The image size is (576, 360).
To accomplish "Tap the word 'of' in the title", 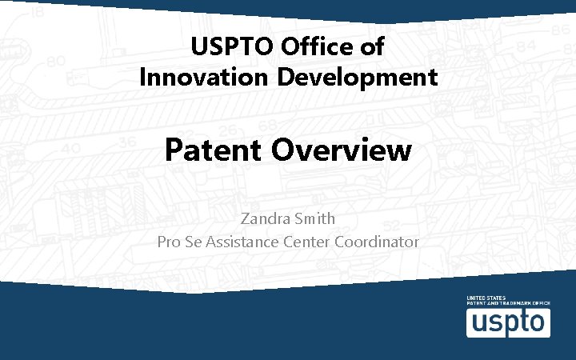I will pos(372,47).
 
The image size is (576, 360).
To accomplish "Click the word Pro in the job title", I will pos(170,241).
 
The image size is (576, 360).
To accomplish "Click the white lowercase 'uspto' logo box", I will pos(508,322).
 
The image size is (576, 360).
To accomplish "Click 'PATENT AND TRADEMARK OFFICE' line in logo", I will pos(508,304).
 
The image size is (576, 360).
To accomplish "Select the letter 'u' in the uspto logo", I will pos(477,322).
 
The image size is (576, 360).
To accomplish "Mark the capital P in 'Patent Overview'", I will pos(174,150).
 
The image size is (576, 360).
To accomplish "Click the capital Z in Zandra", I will pos(245,218).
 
